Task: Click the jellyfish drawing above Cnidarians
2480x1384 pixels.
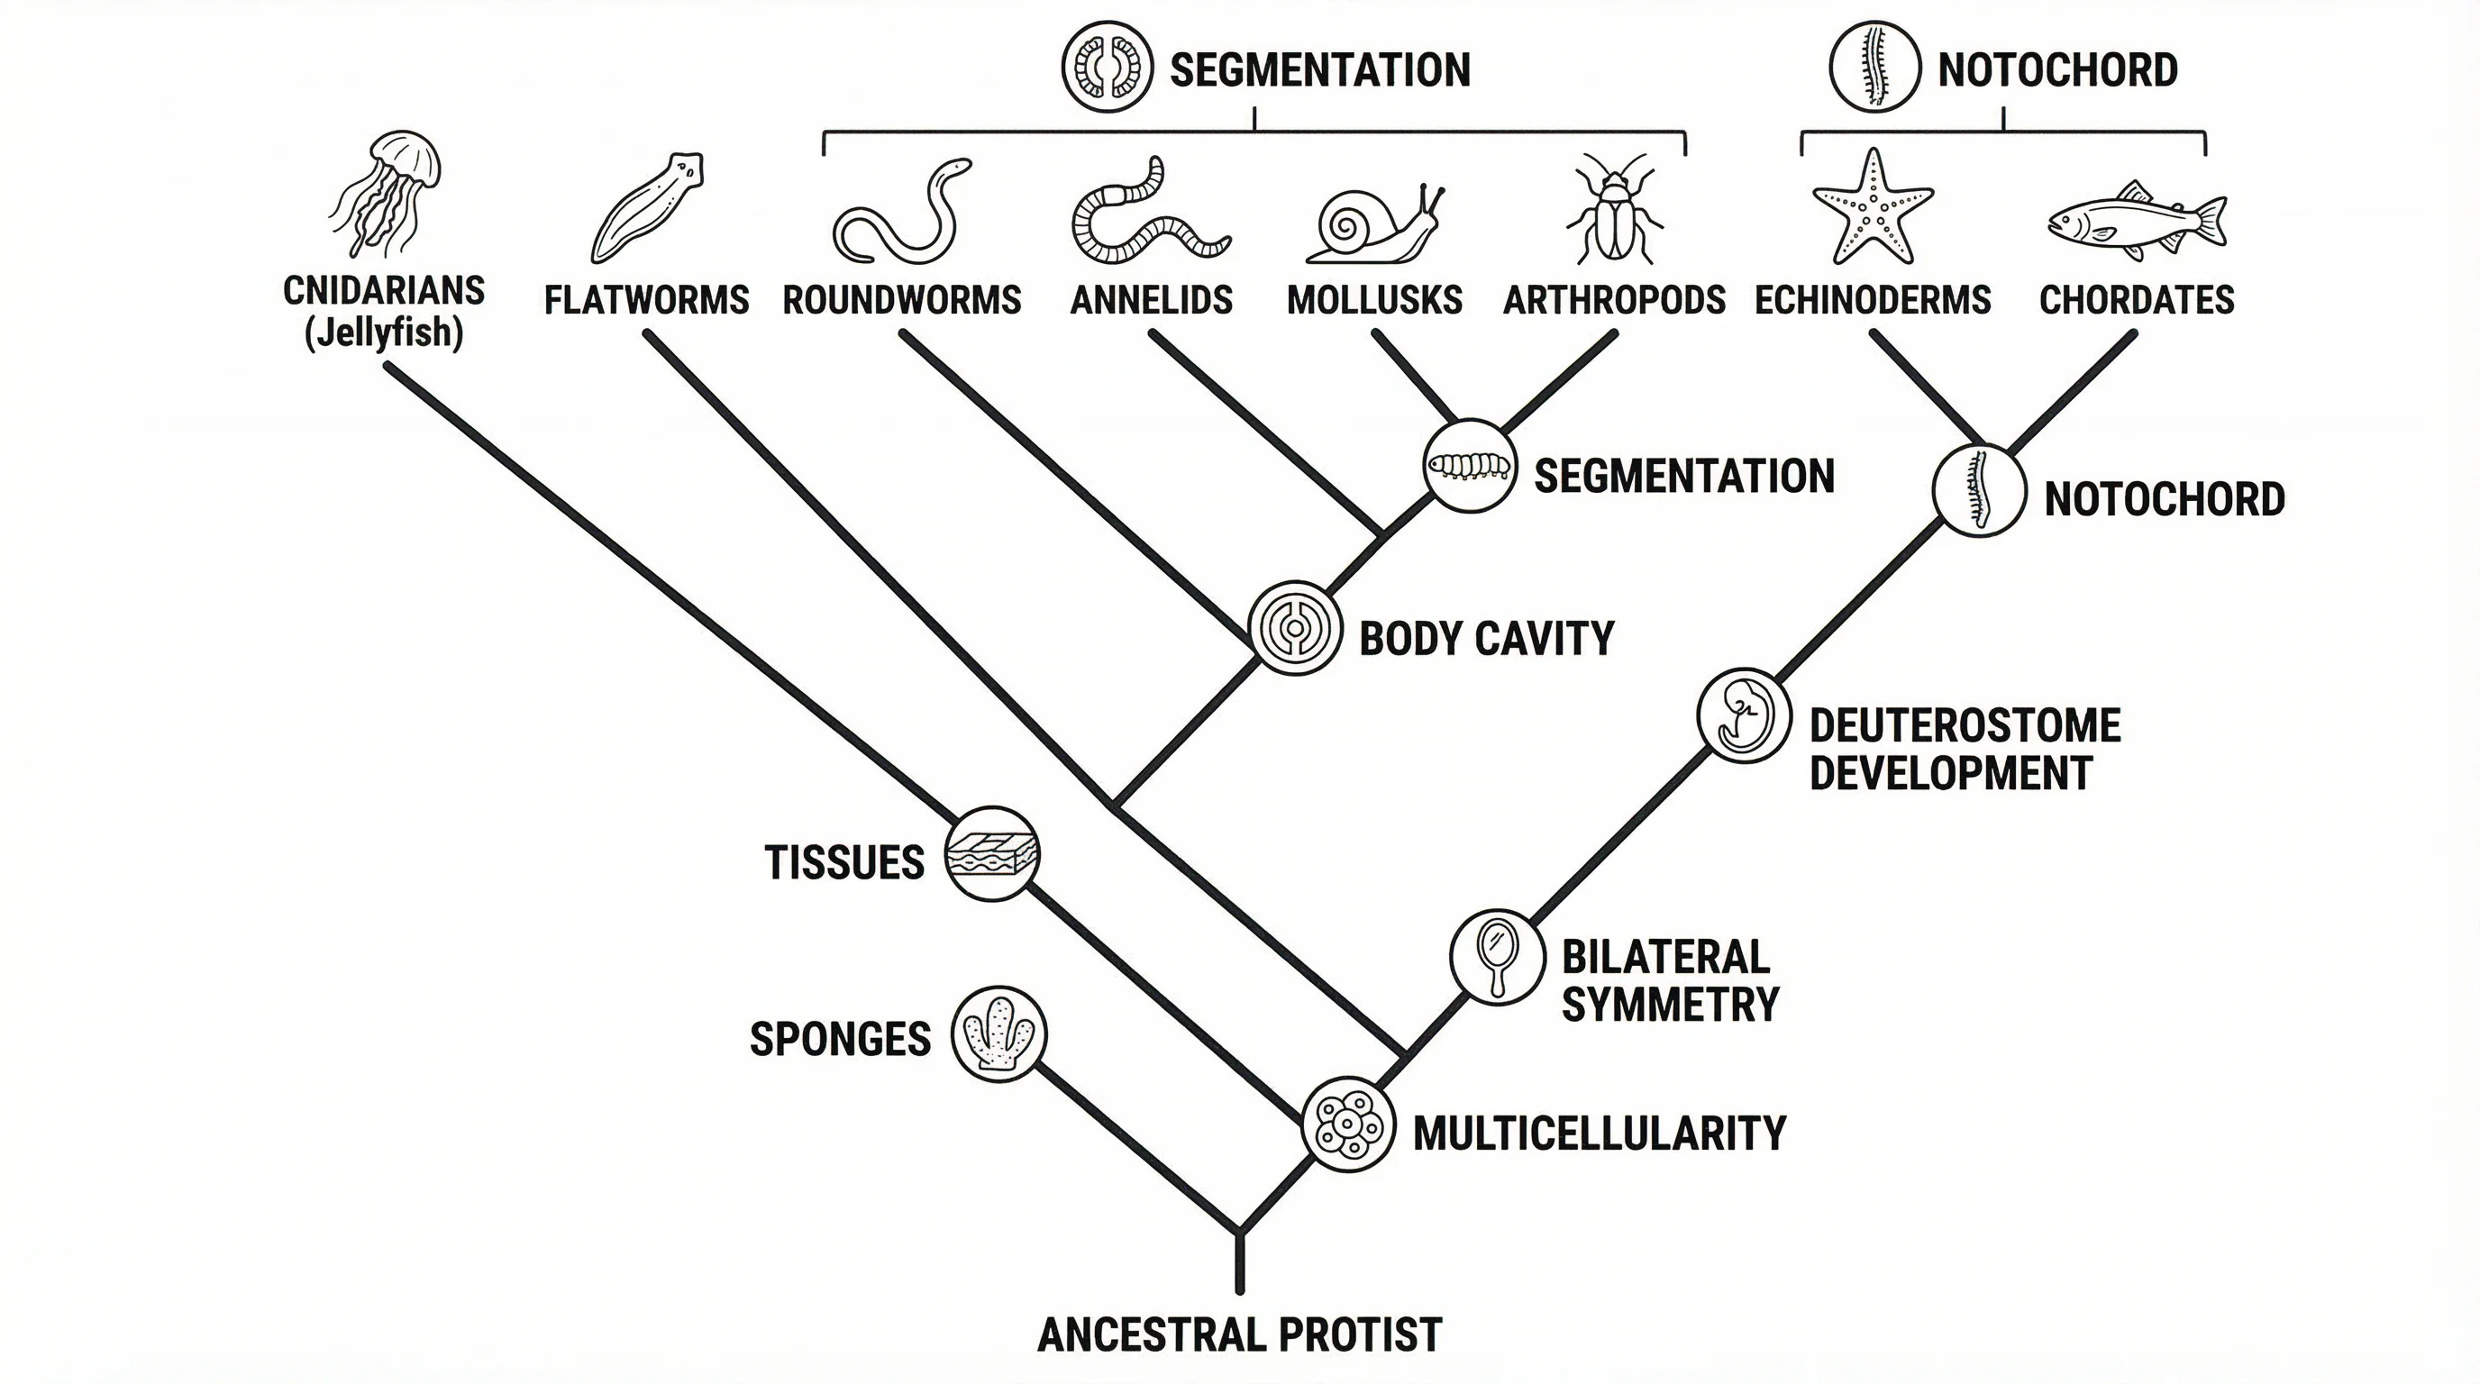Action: [x=385, y=193]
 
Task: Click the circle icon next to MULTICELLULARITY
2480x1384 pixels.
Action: [x=1348, y=1124]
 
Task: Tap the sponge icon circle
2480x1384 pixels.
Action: [x=998, y=1034]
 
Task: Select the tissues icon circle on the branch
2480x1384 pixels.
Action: [x=992, y=853]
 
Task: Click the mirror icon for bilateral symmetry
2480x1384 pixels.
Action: [x=1497, y=957]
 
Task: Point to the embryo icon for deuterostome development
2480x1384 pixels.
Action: [x=1744, y=716]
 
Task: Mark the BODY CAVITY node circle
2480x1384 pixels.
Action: [x=1295, y=627]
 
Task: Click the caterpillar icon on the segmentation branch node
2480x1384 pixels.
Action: [x=1469, y=466]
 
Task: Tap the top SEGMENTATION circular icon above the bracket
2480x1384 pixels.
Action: [x=1108, y=68]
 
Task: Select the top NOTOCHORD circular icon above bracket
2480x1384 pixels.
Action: [x=1874, y=68]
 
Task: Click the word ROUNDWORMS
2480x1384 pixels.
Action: [x=901, y=300]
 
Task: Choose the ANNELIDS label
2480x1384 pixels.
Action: [x=1152, y=300]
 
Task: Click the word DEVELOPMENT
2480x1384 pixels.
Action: [x=1950, y=773]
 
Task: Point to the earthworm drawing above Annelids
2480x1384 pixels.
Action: [x=1145, y=214]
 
